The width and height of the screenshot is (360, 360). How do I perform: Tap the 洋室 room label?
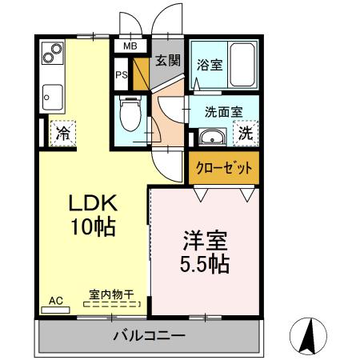(205, 240)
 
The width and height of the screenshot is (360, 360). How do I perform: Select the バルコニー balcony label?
(149, 334)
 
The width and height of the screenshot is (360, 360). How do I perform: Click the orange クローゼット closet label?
(225, 169)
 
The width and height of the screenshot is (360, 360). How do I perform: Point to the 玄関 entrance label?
(167, 60)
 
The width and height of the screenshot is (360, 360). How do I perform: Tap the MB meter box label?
(128, 46)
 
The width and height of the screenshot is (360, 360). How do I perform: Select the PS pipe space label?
(122, 76)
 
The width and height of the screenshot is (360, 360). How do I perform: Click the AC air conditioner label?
(56, 301)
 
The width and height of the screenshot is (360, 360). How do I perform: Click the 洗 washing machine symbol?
(246, 133)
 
